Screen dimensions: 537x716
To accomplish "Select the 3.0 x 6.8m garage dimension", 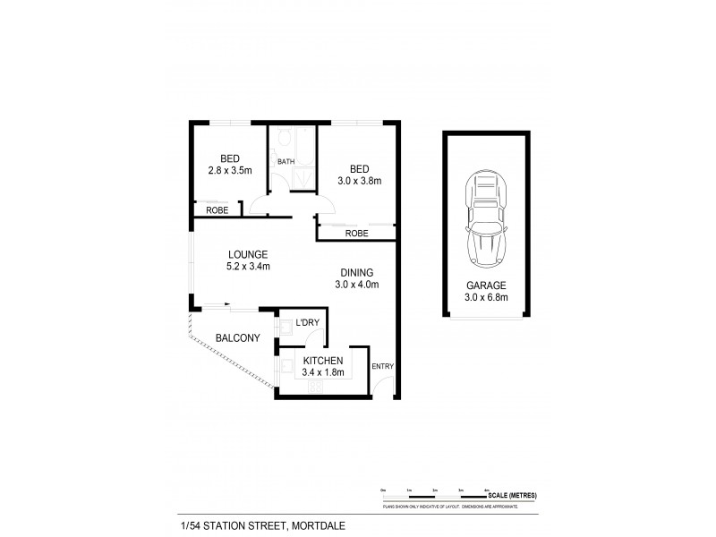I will [x=486, y=298].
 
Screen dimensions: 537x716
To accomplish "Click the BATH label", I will [x=286, y=162].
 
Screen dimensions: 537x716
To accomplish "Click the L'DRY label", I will [x=307, y=321].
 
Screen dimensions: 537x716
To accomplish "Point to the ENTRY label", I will [x=382, y=366].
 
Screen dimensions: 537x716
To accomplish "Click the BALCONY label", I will [x=238, y=338].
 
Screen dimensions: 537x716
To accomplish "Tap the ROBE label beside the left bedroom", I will [x=217, y=210].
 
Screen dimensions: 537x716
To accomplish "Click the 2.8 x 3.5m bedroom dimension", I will [x=230, y=169].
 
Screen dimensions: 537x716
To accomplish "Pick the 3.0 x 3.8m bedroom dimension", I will [x=360, y=180].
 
